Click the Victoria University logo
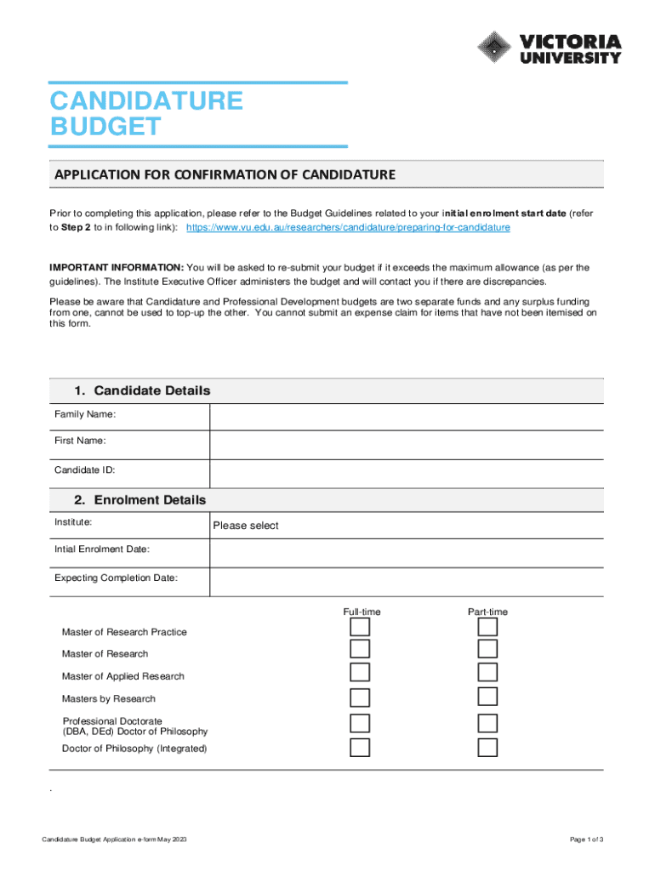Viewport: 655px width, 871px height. click(549, 48)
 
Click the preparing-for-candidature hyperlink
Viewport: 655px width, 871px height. click(348, 229)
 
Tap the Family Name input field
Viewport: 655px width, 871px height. click(406, 417)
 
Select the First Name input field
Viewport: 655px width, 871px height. click(406, 445)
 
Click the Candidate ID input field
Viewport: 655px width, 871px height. click(406, 473)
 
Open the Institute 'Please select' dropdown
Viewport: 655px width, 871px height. click(406, 526)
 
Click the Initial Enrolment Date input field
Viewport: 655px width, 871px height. click(406, 553)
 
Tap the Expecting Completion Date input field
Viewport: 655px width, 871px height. click(406, 582)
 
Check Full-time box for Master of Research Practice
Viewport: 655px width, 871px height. click(361, 628)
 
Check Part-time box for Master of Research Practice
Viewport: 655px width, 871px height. click(487, 628)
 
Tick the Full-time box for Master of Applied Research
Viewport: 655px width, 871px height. click(361, 673)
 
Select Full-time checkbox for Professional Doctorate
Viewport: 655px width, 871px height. click(361, 724)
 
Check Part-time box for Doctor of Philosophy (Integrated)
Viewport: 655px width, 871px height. click(487, 749)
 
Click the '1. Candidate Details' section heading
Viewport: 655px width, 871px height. click(141, 390)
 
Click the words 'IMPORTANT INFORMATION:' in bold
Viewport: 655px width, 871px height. click(116, 268)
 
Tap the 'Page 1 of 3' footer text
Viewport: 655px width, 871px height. click(587, 840)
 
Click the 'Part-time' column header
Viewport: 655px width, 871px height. click(487, 612)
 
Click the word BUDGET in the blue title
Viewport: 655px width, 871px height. click(105, 128)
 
